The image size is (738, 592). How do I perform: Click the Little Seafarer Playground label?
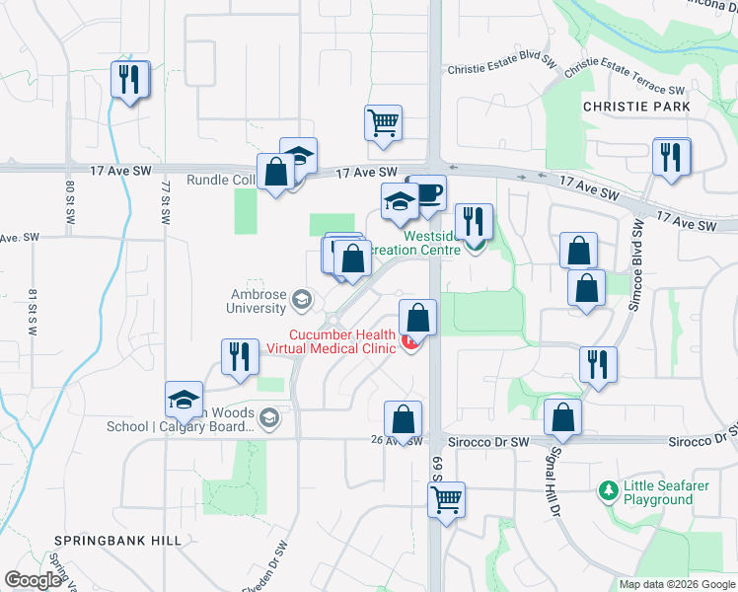point(658,493)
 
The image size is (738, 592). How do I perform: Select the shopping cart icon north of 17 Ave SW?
point(383,123)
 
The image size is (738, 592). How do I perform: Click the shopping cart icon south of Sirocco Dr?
point(446,499)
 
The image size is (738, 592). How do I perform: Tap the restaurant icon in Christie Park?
point(672,156)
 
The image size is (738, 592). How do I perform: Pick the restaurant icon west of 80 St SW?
point(129,80)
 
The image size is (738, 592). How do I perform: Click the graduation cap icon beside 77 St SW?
point(184,400)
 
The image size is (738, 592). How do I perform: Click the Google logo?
point(33,579)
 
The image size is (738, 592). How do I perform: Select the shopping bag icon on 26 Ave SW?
point(403,418)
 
